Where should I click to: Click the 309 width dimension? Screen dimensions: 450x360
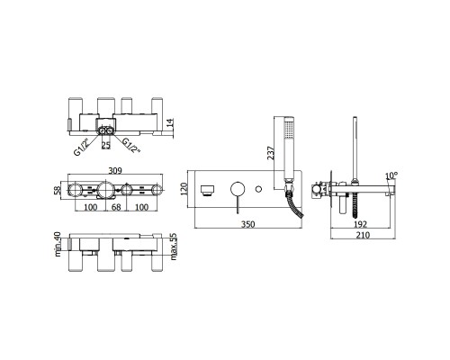click(x=115, y=171)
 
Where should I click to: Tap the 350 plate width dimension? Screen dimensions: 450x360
click(x=248, y=224)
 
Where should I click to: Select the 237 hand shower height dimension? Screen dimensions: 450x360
click(x=271, y=153)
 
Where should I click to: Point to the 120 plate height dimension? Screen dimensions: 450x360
click(x=184, y=189)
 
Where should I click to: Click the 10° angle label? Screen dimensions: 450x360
click(x=391, y=175)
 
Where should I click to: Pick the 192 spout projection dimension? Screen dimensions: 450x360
click(x=360, y=224)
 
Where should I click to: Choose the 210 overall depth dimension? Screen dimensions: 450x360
click(x=363, y=235)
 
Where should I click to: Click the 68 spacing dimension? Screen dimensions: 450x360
click(x=116, y=207)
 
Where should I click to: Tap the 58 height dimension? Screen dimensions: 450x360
click(x=58, y=190)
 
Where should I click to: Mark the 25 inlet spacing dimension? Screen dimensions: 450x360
click(x=106, y=146)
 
